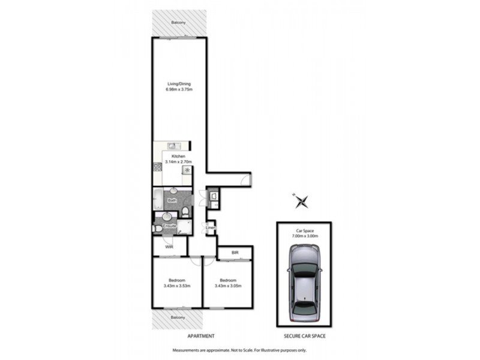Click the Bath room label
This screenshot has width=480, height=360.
click(172, 200)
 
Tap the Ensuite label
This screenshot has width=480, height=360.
click(169, 226)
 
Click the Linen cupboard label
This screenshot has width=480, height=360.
click(210, 228)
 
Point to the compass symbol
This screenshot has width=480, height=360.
click(302, 202)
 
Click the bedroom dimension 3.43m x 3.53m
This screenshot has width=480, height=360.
click(177, 286)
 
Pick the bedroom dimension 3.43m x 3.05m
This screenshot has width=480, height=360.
click(228, 286)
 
